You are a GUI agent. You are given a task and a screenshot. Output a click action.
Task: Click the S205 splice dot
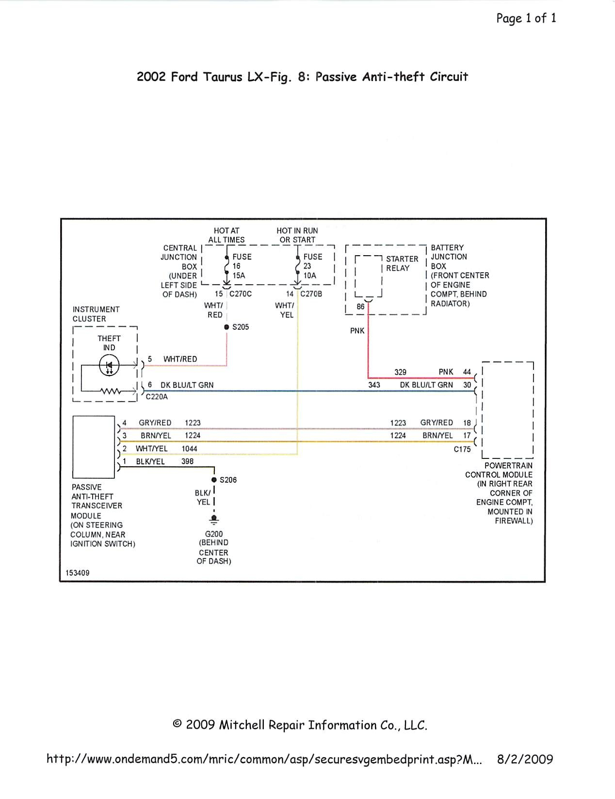[x=227, y=327]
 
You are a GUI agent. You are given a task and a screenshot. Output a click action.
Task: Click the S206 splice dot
[x=214, y=480]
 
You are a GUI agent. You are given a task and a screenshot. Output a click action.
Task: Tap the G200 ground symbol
[x=214, y=519]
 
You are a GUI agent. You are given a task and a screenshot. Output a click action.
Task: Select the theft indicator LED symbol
[x=109, y=365]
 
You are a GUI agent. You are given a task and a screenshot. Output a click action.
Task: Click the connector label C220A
[x=157, y=397]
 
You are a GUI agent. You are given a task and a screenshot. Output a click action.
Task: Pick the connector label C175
[x=462, y=449]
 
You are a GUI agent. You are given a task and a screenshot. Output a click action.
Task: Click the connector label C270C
[x=241, y=294]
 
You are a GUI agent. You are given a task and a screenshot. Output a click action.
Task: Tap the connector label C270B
[x=311, y=294]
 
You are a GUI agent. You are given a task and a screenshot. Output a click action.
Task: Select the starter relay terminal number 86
[x=360, y=307]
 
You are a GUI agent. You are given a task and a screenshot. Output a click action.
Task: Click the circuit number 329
[x=400, y=372]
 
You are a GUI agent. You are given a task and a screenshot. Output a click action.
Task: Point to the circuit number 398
[x=188, y=461]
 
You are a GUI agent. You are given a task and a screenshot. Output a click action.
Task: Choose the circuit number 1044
[x=189, y=449]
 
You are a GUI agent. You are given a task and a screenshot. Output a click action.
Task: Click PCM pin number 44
[x=467, y=372]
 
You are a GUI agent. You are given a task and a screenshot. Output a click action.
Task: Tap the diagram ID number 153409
[x=78, y=573]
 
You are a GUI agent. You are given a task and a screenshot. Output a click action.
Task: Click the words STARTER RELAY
[x=402, y=263]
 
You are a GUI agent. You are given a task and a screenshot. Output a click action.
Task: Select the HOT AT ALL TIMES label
[x=227, y=235]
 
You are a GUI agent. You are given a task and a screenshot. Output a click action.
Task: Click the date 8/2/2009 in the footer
[x=525, y=759]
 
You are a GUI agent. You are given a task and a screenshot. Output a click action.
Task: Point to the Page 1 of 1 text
[x=526, y=18]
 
